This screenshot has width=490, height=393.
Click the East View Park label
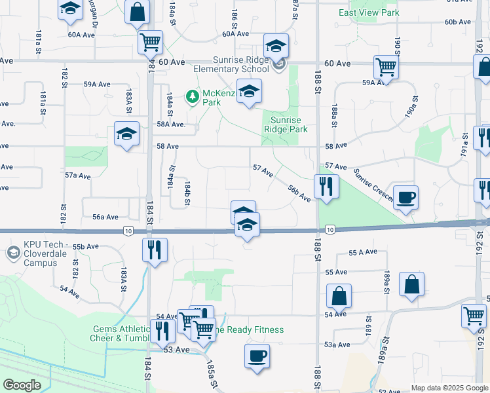pyautogui.click(x=369, y=12)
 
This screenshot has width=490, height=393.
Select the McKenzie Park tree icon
pyautogui.click(x=192, y=97)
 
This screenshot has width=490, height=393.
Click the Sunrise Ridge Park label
pyautogui.click(x=285, y=124)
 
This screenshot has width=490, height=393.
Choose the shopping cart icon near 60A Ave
pyautogui.click(x=151, y=42)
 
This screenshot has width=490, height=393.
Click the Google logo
pyautogui.click(x=22, y=385)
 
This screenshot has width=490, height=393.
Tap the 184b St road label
pyautogui.click(x=187, y=193)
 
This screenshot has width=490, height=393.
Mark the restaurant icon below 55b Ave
pyautogui.click(x=155, y=250)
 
